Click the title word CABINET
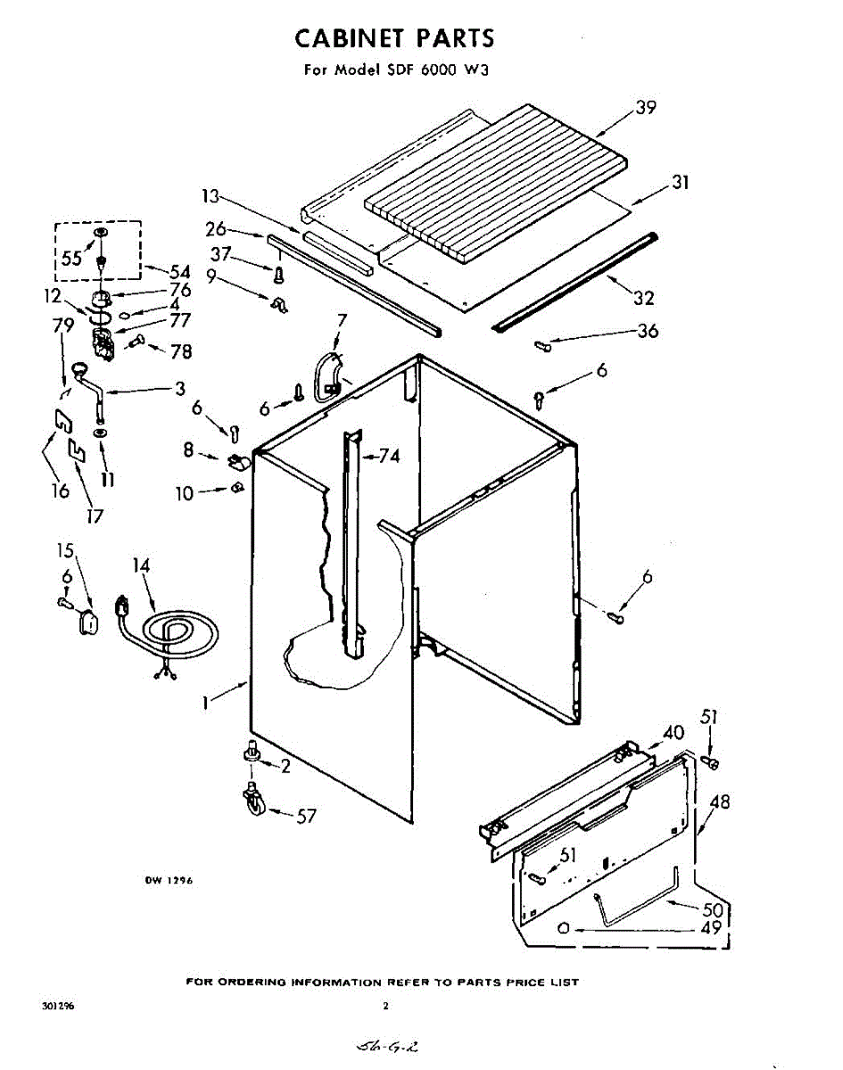pos(351,38)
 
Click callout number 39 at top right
pos(646,108)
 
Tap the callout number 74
pos(388,457)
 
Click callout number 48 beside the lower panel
pos(719,802)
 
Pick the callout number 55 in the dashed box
pos(72,259)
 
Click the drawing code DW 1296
pos(169,880)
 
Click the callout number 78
pos(181,351)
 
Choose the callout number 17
pos(95,514)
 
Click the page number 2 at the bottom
pos(385,1006)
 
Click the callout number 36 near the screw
pos(648,331)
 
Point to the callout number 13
pos(210,196)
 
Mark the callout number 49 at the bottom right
pos(710,927)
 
